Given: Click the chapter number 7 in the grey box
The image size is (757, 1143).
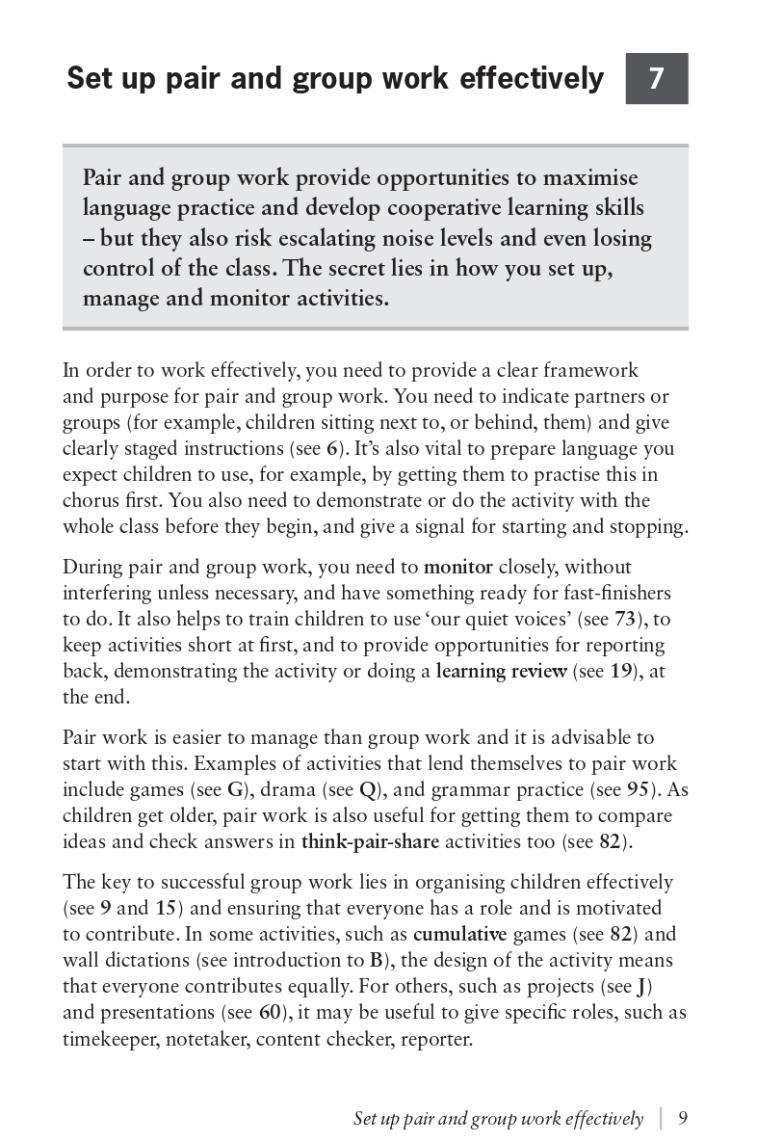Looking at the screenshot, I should tap(656, 78).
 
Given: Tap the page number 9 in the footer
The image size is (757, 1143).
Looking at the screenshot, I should tap(683, 1118).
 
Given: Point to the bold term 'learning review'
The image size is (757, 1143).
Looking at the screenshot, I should tap(501, 671).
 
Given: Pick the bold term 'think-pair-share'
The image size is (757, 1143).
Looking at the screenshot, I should tap(370, 841).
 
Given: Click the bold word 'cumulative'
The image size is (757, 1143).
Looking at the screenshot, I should tap(459, 934).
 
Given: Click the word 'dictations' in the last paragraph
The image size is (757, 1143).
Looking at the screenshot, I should tap(145, 960).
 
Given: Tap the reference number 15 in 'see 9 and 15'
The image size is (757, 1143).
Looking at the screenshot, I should tap(165, 908).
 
